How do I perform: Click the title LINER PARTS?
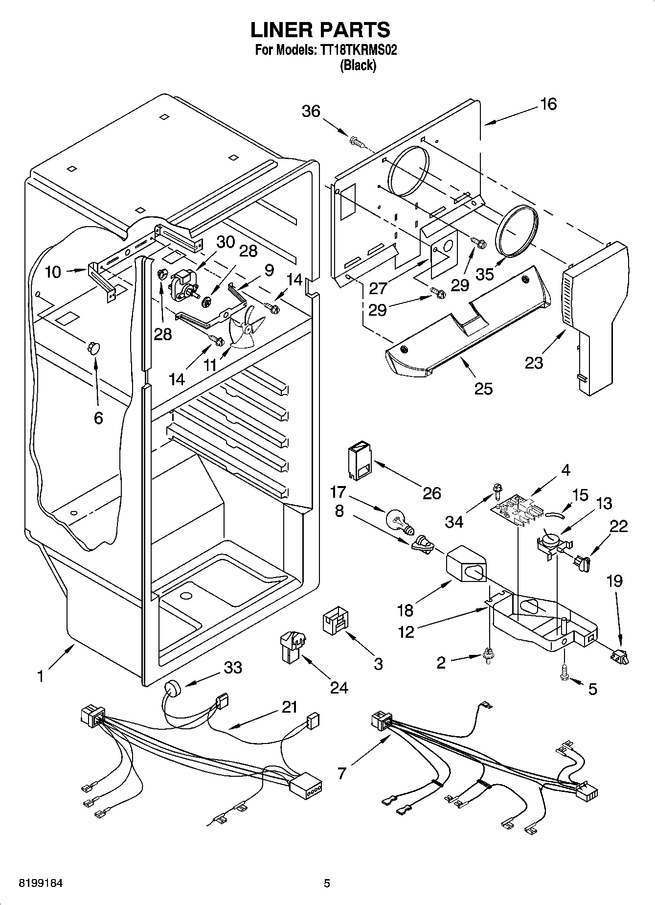(x=320, y=30)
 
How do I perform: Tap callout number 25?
(x=483, y=388)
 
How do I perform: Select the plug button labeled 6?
(x=92, y=348)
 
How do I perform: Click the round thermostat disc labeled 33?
(x=172, y=689)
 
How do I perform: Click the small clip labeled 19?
(x=620, y=656)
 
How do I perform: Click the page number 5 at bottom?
(x=327, y=883)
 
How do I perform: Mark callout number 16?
(x=549, y=104)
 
